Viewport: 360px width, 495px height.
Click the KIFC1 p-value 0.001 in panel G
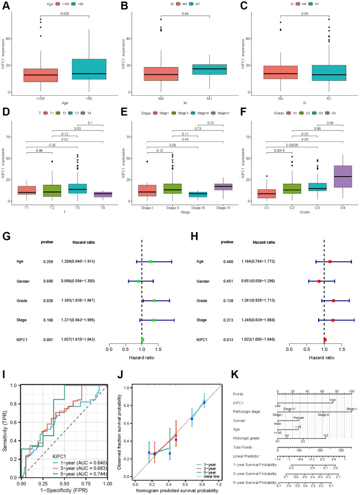[x=48, y=326]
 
